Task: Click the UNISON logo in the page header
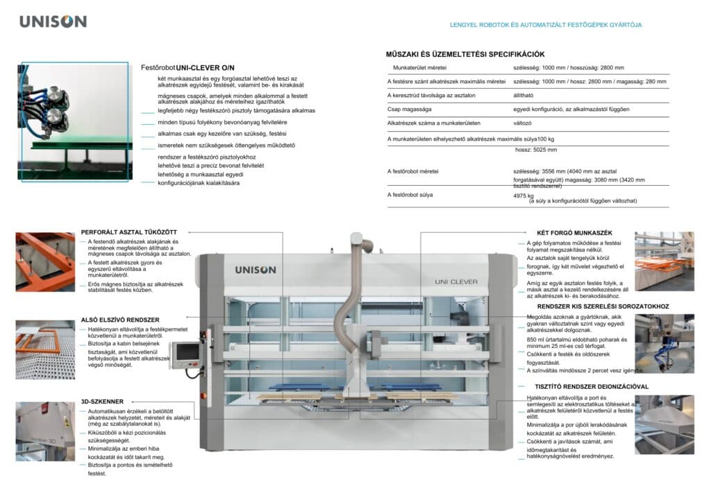(x=53, y=21)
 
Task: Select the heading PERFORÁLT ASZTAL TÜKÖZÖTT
(x=128, y=231)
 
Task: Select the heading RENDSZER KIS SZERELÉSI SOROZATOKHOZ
(x=603, y=306)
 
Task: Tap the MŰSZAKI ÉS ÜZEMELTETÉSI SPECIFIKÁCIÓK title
(x=465, y=54)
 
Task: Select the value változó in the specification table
(x=524, y=122)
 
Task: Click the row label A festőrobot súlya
(x=410, y=195)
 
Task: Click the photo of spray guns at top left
(x=74, y=121)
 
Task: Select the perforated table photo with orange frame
(x=45, y=261)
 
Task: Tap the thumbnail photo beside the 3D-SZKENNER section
(x=45, y=431)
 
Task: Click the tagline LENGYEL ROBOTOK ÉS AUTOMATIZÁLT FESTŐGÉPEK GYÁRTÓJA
(x=546, y=25)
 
